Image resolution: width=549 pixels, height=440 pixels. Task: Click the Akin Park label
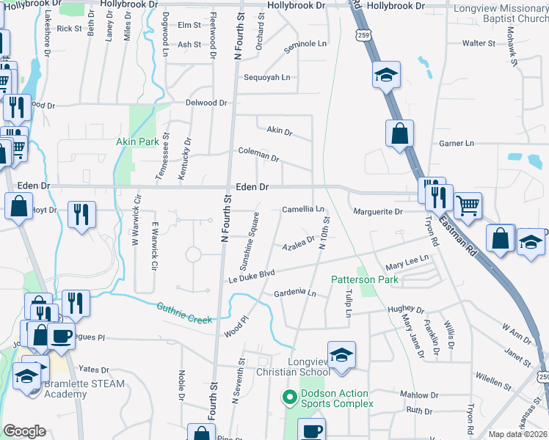tap(137, 141)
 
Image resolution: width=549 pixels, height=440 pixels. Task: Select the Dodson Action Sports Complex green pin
tap(289, 398)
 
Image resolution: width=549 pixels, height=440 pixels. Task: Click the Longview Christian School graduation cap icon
tap(341, 356)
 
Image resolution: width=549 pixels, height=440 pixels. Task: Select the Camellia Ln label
tap(303, 210)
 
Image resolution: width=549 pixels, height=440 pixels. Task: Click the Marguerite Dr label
tap(378, 212)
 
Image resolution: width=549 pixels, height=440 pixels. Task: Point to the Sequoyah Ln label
tap(267, 77)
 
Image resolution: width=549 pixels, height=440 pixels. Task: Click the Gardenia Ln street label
tap(294, 293)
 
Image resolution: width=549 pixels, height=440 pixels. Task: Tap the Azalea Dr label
tap(298, 243)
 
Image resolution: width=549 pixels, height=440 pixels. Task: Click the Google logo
tap(25, 431)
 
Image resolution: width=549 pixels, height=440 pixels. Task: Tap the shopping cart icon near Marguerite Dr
tap(468, 205)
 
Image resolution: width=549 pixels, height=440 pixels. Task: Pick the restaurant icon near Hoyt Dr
tap(80, 214)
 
